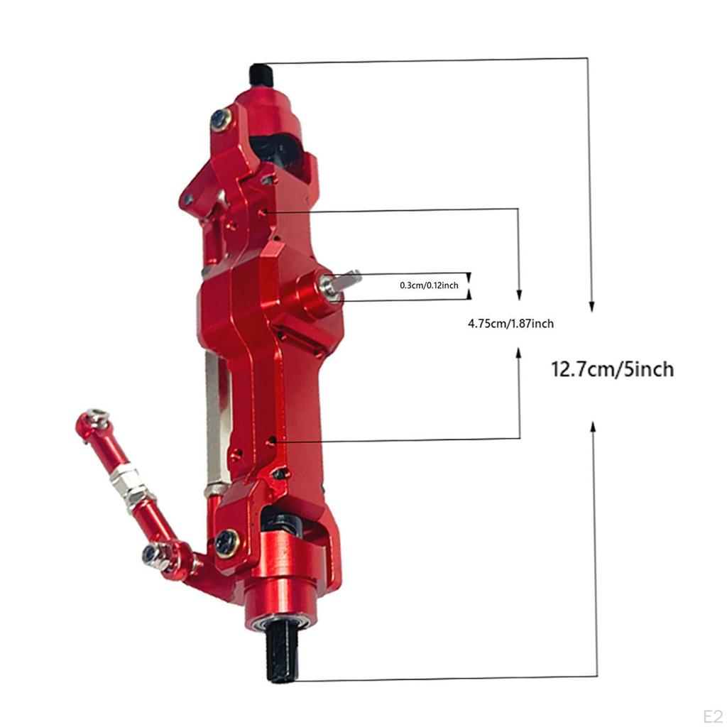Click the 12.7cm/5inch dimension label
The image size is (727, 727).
coord(612,370)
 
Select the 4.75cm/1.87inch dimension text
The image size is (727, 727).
coord(510,323)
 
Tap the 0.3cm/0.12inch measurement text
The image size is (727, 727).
coord(429,285)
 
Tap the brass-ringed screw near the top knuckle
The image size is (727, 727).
coord(222,119)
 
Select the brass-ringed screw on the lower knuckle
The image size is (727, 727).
coord(227,542)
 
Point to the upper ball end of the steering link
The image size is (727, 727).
coord(93,420)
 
